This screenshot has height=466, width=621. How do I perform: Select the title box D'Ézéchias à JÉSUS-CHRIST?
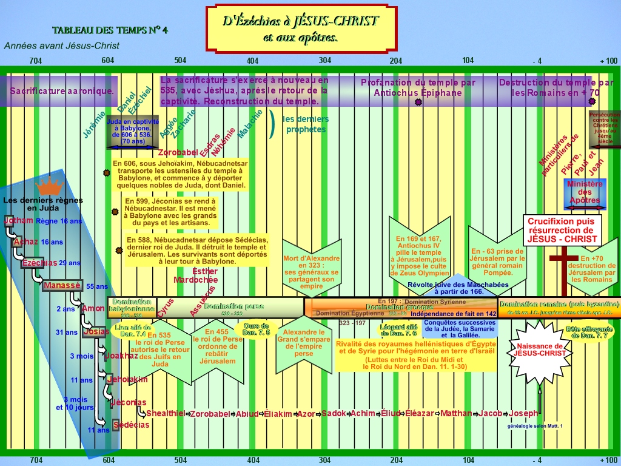click(301, 29)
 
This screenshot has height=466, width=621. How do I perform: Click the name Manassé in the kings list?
click(62, 285)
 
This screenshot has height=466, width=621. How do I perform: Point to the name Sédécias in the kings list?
click(131, 425)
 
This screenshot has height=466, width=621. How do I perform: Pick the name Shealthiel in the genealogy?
click(166, 413)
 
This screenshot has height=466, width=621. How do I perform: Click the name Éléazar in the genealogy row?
click(420, 413)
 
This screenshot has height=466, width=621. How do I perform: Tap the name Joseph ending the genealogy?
click(523, 413)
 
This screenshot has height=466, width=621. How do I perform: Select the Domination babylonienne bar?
click(132, 308)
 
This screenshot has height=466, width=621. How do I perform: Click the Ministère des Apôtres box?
click(585, 192)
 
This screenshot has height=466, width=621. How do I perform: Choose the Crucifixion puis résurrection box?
click(562, 231)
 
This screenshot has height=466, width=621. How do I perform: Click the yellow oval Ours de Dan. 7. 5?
click(256, 329)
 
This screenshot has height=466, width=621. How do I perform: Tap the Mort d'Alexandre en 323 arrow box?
click(311, 270)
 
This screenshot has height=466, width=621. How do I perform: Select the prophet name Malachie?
click(250, 124)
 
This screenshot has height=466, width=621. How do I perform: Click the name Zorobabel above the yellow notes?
click(178, 152)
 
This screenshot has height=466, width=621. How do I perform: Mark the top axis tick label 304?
click(325, 60)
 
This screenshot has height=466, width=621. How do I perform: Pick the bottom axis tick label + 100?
click(608, 460)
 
